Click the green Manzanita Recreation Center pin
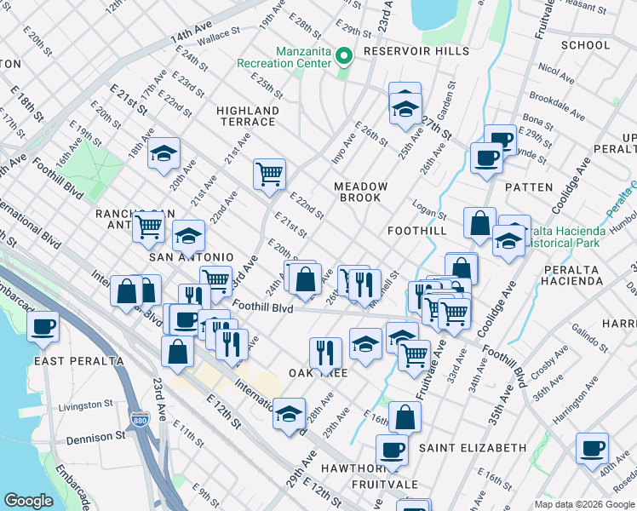(344, 57)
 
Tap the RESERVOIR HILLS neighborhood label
(416, 51)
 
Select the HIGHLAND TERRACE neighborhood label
(248, 117)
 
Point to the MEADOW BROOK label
(361, 192)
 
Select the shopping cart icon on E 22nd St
(269, 174)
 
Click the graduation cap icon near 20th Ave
(164, 153)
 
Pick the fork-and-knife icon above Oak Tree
(324, 352)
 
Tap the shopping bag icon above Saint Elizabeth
(405, 417)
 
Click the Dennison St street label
(96, 437)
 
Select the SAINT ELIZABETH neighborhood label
(470, 448)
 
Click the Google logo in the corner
(28, 501)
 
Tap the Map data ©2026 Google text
(583, 504)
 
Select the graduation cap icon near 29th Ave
(290, 414)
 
